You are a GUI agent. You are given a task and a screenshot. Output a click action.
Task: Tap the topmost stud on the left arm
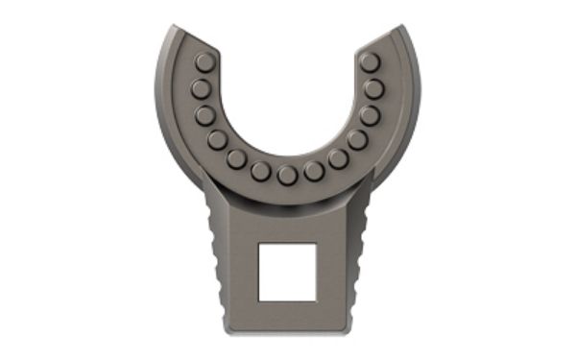(204, 62)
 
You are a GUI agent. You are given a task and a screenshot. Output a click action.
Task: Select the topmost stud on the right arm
(370, 62)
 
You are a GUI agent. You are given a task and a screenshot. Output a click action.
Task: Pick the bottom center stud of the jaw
(287, 176)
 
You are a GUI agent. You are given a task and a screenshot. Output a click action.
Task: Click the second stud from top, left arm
(201, 89)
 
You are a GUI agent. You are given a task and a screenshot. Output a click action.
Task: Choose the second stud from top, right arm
(374, 89)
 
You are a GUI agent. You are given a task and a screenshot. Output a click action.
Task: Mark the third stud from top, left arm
(205, 115)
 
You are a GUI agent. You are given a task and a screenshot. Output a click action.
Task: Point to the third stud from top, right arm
(370, 115)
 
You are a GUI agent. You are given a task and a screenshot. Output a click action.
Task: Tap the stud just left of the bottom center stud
(260, 171)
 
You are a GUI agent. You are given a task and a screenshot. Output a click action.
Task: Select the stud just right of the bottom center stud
(314, 171)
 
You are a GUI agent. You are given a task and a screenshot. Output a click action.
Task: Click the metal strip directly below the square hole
(288, 317)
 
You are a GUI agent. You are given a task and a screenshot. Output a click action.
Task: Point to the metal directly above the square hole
(288, 227)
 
